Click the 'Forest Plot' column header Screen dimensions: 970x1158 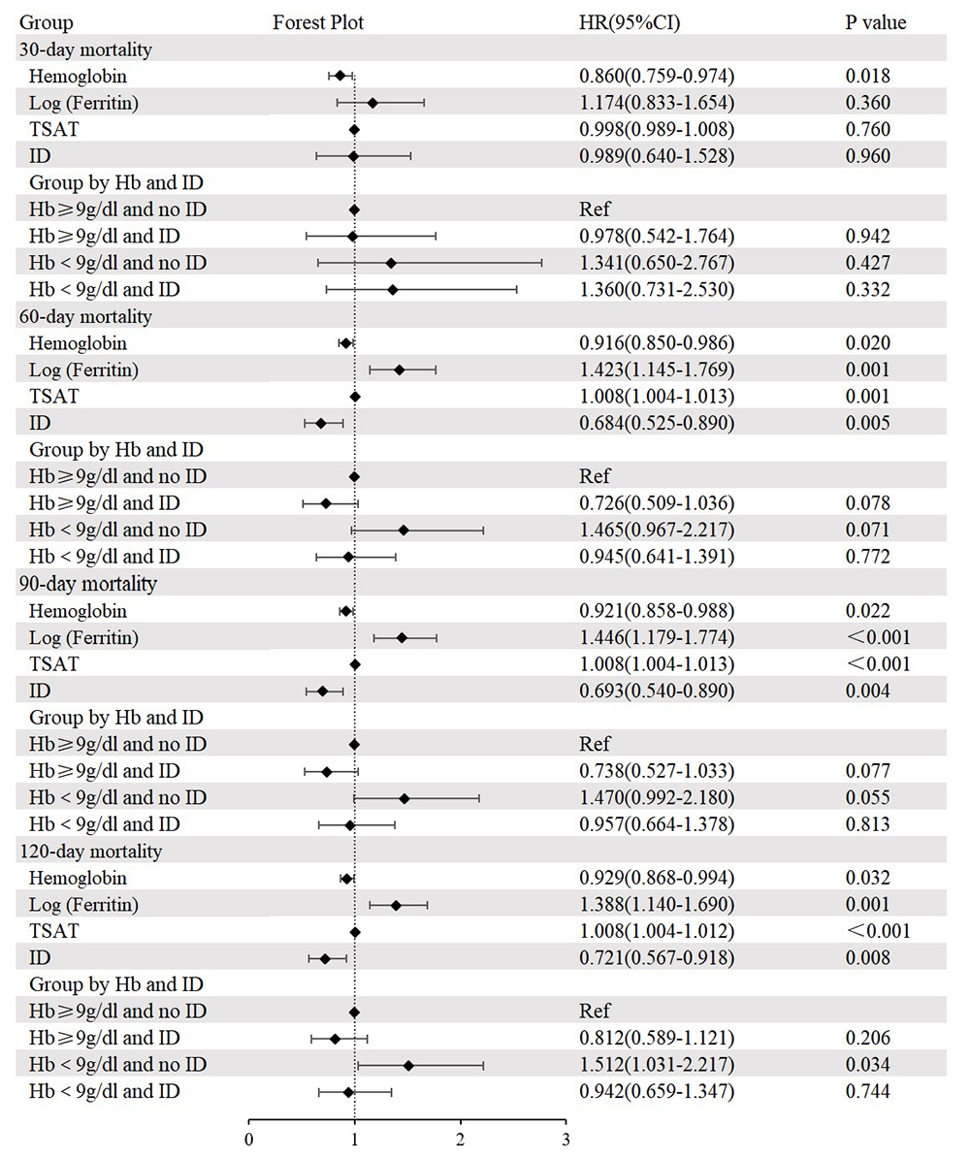[317, 23]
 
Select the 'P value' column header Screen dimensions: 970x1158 [876, 23]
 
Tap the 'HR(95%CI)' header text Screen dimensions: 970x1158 [630, 23]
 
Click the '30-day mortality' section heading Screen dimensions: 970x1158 [85, 49]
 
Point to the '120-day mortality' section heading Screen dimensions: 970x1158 [91, 852]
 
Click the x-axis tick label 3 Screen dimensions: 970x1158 [566, 1140]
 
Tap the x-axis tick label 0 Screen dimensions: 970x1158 [249, 1140]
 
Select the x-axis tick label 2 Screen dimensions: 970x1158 [460, 1140]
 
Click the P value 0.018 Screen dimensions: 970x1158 [868, 76]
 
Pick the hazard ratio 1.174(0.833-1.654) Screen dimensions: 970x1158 [657, 103]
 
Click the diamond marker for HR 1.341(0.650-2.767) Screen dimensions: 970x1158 [391, 263]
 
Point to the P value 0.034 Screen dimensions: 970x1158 [868, 1064]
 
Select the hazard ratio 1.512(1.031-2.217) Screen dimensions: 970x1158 [657, 1064]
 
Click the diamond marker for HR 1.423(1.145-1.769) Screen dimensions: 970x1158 [400, 370]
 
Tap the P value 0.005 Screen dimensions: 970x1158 [868, 423]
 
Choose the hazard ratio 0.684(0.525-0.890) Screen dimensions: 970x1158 [657, 423]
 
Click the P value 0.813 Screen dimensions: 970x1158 [868, 824]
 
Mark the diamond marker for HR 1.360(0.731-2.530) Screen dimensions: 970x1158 [392, 290]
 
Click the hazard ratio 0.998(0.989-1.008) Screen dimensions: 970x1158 [657, 129]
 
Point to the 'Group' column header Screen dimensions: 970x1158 [46, 23]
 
